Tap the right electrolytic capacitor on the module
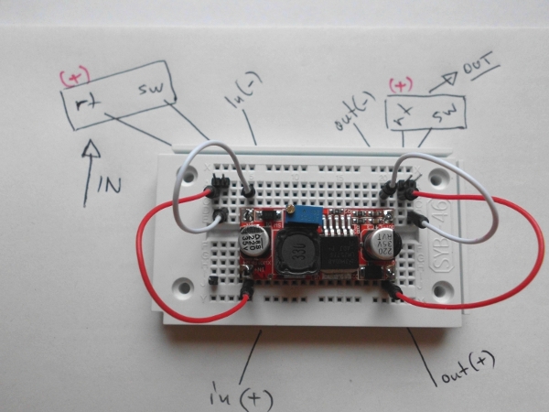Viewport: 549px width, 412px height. [x=376, y=244]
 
